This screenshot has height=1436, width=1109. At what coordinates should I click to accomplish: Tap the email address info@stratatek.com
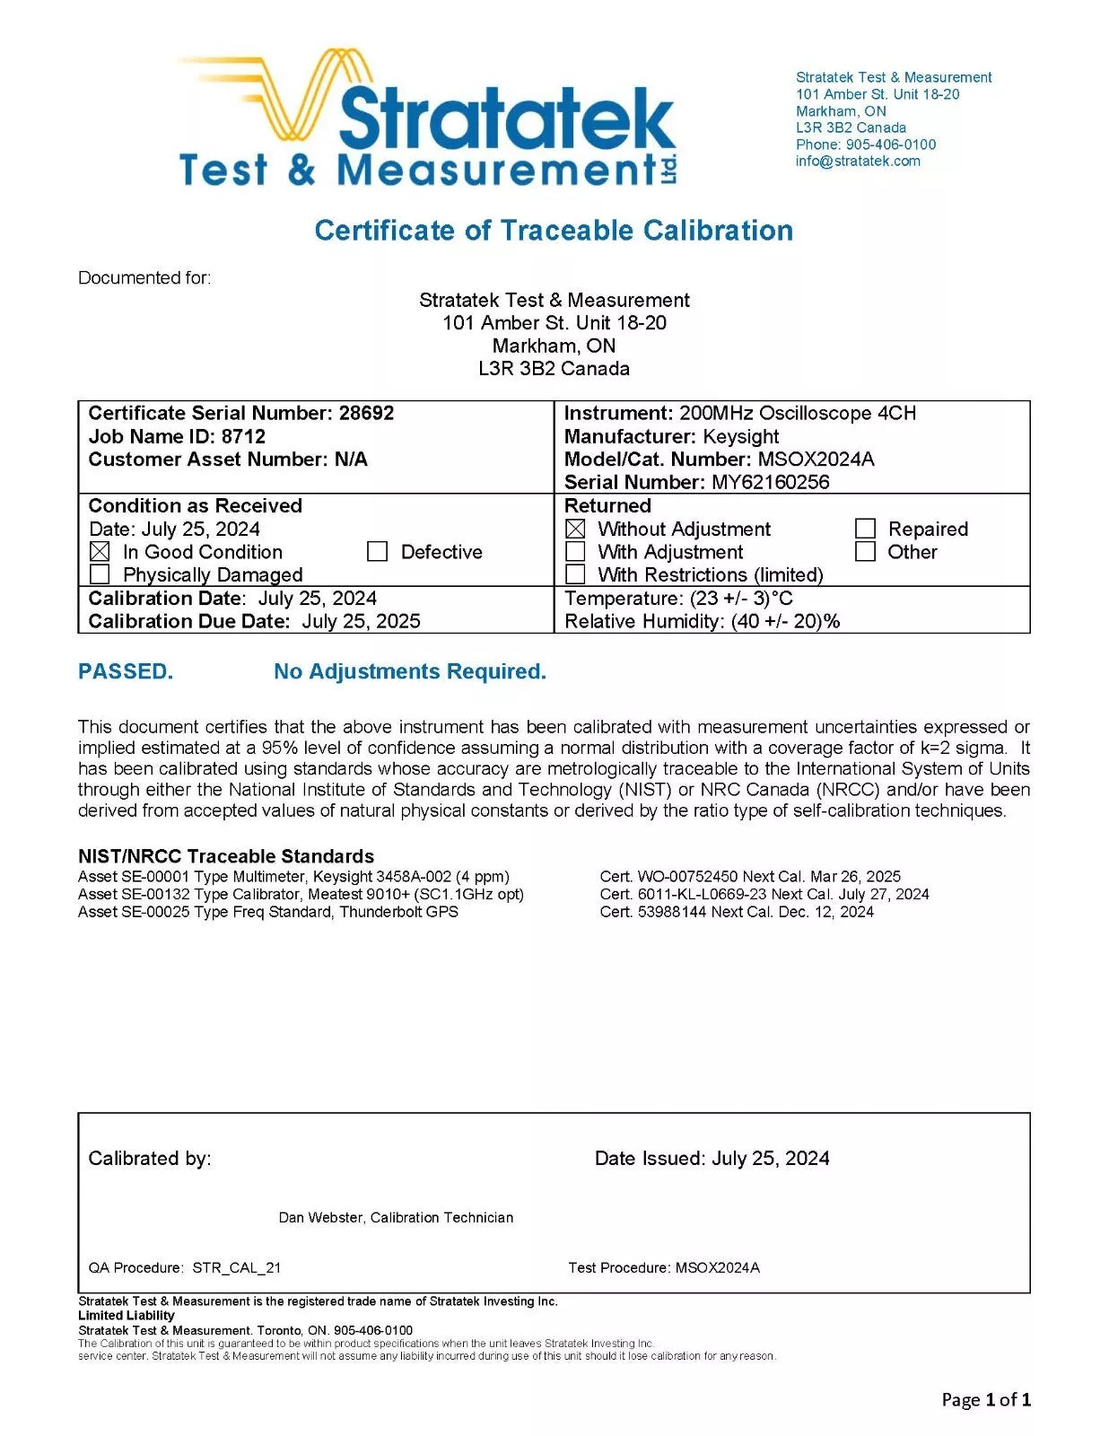857,162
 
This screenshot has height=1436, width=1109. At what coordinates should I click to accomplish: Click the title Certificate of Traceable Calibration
554,231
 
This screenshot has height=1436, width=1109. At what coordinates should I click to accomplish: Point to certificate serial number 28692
366,413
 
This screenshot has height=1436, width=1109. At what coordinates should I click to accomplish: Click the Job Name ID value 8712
243,436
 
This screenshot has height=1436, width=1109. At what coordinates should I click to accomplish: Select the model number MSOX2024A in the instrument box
816,460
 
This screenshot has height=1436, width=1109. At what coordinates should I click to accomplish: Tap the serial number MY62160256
770,482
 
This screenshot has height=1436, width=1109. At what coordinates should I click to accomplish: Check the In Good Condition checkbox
100,552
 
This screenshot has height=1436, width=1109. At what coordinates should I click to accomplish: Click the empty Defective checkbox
378,551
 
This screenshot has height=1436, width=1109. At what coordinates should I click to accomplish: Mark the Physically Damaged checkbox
100,574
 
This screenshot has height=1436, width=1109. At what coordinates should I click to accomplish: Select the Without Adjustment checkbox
576,530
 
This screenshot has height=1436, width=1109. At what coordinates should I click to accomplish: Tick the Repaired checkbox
865,529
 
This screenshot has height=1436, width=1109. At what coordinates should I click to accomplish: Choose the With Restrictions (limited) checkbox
576,574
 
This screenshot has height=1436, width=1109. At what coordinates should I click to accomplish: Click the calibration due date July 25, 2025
361,621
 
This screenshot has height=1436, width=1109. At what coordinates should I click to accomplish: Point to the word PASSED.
125,671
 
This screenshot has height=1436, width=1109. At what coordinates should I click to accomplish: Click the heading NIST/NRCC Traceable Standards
226,856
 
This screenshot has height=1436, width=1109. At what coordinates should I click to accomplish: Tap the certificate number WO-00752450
687,877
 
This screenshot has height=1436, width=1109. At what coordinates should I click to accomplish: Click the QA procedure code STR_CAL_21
237,1268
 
